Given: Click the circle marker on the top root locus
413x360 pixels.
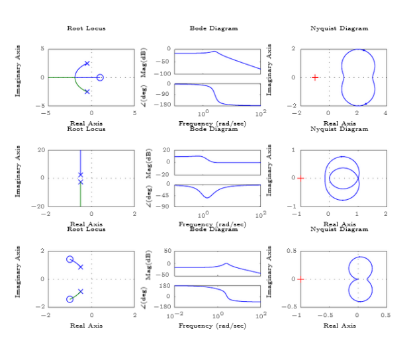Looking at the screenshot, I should pyautogui.click(x=100, y=77).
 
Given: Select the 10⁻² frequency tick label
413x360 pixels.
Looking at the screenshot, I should pyautogui.click(x=173, y=316).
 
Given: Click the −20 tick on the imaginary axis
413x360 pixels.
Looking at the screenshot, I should pyautogui.click(x=39, y=206).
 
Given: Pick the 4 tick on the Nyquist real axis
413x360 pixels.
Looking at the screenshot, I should pyautogui.click(x=385, y=114).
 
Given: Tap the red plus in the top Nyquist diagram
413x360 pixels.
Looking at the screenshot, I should pyautogui.click(x=315, y=77).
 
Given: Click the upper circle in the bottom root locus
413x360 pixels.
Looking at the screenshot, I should pyautogui.click(x=69, y=259).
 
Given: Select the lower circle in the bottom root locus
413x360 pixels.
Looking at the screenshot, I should pyautogui.click(x=69, y=300).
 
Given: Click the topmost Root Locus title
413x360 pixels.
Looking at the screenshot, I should pyautogui.click(x=86, y=28).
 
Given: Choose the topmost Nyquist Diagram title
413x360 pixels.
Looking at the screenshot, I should pyautogui.click(x=340, y=28).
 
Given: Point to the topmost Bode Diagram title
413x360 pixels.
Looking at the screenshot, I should pyautogui.click(x=214, y=28).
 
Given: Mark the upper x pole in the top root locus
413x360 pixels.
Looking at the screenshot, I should pyautogui.click(x=87, y=64).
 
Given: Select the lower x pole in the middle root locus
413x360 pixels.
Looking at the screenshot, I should pyautogui.click(x=81, y=182).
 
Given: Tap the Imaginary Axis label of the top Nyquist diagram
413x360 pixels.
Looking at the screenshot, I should pyautogui.click(x=270, y=69).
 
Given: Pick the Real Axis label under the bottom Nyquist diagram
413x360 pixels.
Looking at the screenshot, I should pyautogui.click(x=340, y=326).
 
